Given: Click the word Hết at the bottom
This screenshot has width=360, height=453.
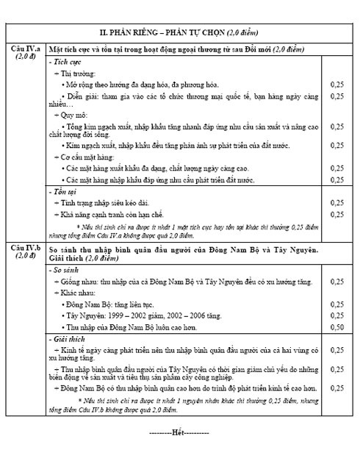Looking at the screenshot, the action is pyautogui.click(x=179, y=432).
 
